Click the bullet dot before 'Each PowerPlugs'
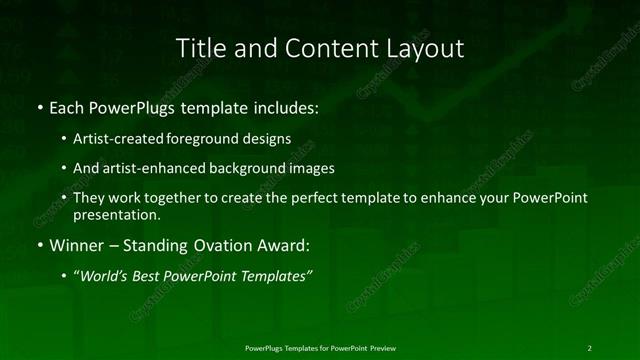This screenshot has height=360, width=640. pos(39,106)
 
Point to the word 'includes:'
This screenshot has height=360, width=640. pos(286,106)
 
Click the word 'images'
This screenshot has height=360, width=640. pos(313,169)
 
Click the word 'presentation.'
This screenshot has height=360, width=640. pos(116,214)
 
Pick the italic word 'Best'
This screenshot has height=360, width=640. pos(145,276)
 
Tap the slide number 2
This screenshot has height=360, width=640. pos(589,347)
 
